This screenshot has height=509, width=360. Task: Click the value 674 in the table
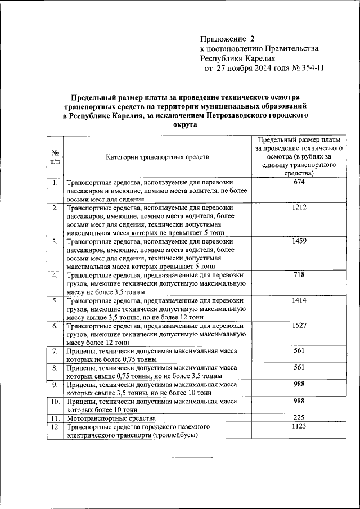(x=299, y=183)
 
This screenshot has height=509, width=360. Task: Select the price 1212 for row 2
(x=299, y=208)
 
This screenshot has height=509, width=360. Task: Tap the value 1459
(x=299, y=241)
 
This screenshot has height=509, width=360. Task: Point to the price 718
(x=299, y=275)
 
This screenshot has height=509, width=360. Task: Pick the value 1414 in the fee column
(x=299, y=300)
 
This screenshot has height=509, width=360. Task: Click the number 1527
(x=299, y=326)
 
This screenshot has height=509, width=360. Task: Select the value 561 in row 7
(x=299, y=351)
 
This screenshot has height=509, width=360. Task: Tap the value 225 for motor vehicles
(x=299, y=418)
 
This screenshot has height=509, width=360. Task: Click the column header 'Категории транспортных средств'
(x=157, y=157)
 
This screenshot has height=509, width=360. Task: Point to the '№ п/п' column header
(x=56, y=157)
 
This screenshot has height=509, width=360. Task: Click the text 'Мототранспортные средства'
(x=111, y=419)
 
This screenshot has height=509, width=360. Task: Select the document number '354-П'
(x=312, y=68)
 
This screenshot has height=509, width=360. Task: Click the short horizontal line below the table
(x=185, y=457)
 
